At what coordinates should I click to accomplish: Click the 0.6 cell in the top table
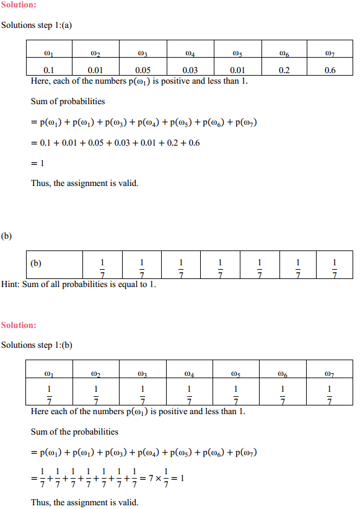pyautogui.click(x=330, y=70)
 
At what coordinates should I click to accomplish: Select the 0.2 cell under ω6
pyautogui.click(x=284, y=70)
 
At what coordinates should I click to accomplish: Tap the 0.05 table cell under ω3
pyautogui.click(x=143, y=70)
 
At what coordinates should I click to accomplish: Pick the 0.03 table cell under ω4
pyautogui.click(x=190, y=70)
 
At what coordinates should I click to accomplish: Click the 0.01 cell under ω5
pyautogui.click(x=237, y=70)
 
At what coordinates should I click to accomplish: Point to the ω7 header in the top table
pyautogui.click(x=330, y=53)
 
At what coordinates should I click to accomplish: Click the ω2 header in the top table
pyautogui.click(x=95, y=53)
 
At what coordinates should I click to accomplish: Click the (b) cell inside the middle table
pyautogui.click(x=38, y=263)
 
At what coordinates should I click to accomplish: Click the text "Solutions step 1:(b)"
pyautogui.click(x=37, y=345)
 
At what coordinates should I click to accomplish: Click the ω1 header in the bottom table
pyautogui.click(x=49, y=373)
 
